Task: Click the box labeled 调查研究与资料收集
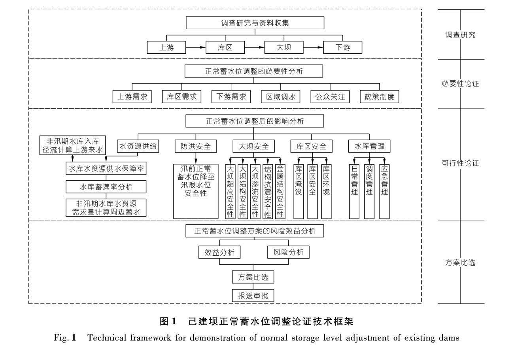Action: [255, 23]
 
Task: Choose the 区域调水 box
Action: [280, 96]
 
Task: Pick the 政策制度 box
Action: [379, 96]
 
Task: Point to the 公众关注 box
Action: [330, 96]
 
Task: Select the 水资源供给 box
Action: [138, 146]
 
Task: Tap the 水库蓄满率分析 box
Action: [106, 187]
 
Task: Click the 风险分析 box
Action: [288, 252]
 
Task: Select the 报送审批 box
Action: [253, 295]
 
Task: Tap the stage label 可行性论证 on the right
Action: [460, 163]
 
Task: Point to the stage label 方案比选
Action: [460, 262]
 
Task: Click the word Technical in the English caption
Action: [103, 338]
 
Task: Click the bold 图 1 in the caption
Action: [168, 322]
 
